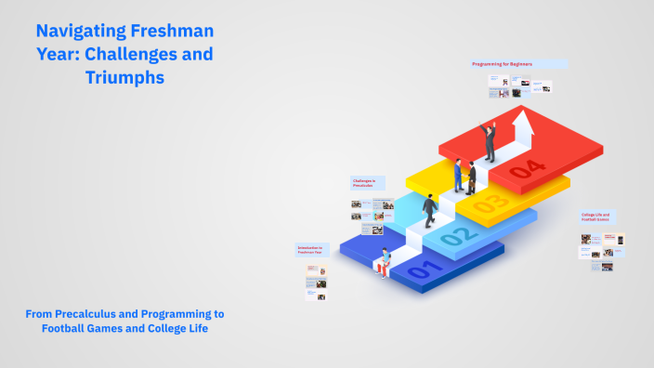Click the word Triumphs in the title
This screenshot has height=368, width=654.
click(124, 78)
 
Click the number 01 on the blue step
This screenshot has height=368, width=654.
click(421, 269)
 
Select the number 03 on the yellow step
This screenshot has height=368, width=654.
click(490, 201)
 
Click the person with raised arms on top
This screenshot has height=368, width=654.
click(488, 139)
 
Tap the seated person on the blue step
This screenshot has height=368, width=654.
click(383, 262)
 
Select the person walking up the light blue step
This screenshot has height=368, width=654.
click(430, 210)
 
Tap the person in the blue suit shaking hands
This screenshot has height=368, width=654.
click(457, 175)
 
